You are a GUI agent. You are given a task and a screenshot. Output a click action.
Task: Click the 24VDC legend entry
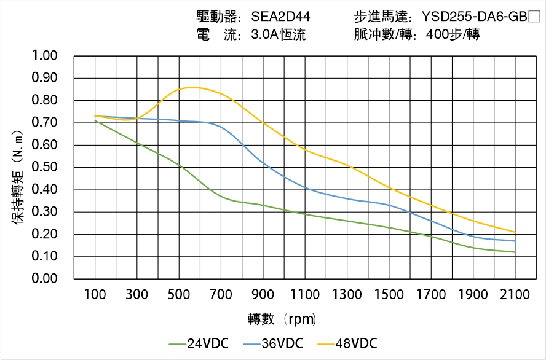(x=199, y=343)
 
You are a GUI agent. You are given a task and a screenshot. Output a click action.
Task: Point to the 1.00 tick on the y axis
(x=44, y=56)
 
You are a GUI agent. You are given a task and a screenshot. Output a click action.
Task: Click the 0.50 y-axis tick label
(x=44, y=167)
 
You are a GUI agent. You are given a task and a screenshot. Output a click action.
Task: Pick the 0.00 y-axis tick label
(x=44, y=279)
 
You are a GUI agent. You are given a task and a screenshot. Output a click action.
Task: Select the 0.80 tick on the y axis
(x=44, y=101)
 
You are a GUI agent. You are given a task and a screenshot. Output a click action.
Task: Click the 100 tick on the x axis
(x=95, y=295)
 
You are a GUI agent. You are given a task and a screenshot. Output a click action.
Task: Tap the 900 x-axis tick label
(x=263, y=295)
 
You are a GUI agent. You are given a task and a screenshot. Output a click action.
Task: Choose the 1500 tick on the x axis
(x=389, y=295)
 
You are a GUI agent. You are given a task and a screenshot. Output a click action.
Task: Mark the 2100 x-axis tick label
(x=515, y=295)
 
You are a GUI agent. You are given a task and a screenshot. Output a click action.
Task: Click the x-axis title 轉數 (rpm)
(x=282, y=319)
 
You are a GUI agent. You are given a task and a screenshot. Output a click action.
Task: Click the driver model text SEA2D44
(x=276, y=17)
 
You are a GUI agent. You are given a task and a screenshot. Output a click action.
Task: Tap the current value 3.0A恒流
(x=278, y=35)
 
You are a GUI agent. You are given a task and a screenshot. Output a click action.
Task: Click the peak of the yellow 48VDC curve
(x=192, y=87)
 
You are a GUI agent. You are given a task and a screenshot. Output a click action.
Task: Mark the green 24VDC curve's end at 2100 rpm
(x=515, y=252)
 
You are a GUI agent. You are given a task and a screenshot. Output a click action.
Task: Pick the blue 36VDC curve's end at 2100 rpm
(x=515, y=241)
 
